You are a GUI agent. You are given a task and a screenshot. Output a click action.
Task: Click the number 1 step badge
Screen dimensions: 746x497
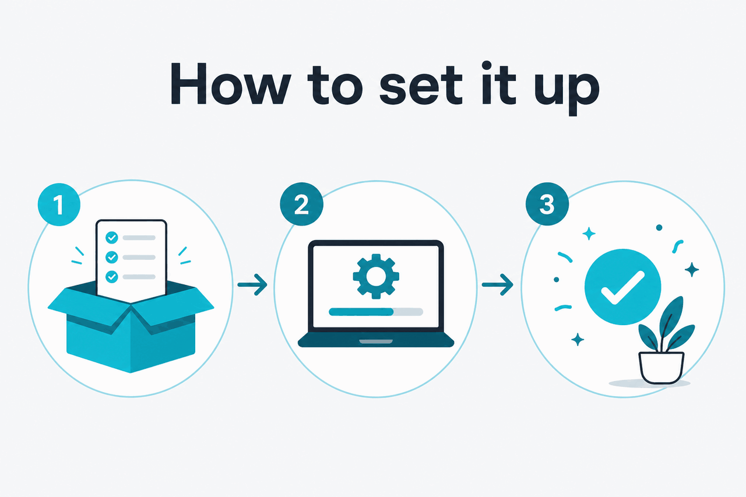(59, 205)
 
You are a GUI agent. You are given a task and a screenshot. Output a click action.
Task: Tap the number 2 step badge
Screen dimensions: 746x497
(301, 204)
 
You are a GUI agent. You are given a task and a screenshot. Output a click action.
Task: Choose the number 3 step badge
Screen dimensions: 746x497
(547, 204)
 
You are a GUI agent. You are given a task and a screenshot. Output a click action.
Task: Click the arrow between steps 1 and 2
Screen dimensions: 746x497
(252, 284)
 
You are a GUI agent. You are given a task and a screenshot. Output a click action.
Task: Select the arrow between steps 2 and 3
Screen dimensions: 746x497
(498, 284)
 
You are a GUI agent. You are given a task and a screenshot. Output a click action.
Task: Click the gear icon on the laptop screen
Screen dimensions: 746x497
(376, 276)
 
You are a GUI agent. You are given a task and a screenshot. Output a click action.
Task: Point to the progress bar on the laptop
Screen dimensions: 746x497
(376, 312)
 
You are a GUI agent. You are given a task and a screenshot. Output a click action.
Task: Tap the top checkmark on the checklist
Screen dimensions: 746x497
(111, 238)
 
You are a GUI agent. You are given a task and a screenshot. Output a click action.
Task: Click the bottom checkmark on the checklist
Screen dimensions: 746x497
(111, 277)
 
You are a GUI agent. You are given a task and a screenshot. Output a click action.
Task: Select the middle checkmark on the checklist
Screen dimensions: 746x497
(111, 258)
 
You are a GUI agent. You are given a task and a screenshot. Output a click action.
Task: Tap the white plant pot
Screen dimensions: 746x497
(661, 368)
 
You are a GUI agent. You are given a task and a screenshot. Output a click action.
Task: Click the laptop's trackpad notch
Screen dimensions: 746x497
(376, 341)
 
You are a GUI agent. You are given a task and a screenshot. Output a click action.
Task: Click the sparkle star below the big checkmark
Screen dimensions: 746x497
(578, 340)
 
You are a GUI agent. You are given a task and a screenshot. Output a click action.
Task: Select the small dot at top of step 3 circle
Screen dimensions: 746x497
(659, 228)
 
